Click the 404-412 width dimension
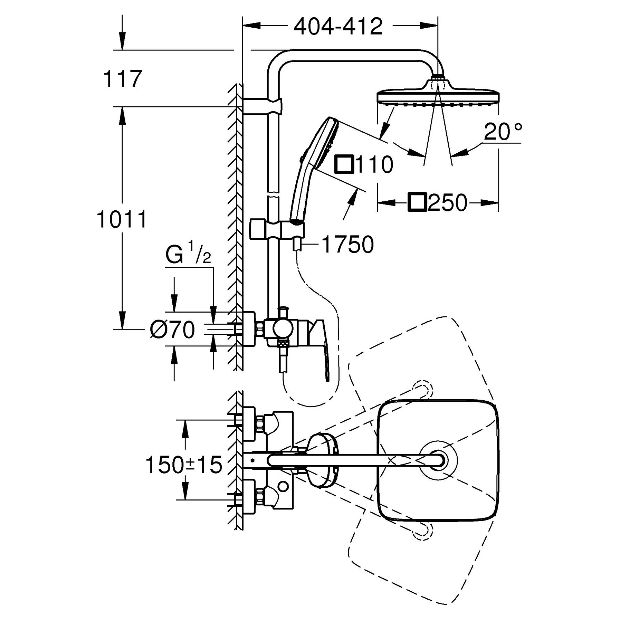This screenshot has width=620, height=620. pos(338,26)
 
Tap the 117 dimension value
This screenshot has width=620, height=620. pos(123,79)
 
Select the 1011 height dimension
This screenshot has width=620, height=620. pos(122,219)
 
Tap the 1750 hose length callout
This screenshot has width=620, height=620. pos(348,245)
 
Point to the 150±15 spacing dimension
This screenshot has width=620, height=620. pos(184,465)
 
